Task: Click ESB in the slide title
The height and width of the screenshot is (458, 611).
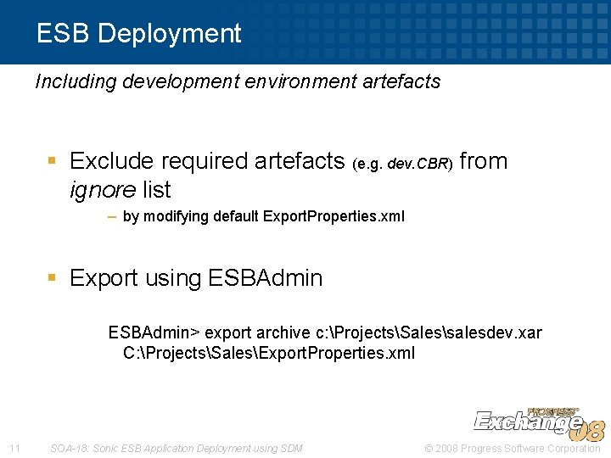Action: click(x=64, y=33)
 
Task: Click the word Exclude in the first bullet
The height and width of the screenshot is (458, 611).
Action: click(x=111, y=161)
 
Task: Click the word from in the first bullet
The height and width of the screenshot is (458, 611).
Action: click(x=483, y=161)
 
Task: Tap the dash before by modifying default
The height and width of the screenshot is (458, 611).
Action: click(x=112, y=216)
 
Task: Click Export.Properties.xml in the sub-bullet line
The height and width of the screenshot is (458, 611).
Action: click(x=334, y=216)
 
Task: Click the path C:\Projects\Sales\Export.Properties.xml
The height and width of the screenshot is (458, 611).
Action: click(x=269, y=353)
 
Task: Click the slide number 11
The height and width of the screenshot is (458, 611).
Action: click(x=14, y=448)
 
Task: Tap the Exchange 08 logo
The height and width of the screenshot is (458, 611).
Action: click(x=537, y=421)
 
